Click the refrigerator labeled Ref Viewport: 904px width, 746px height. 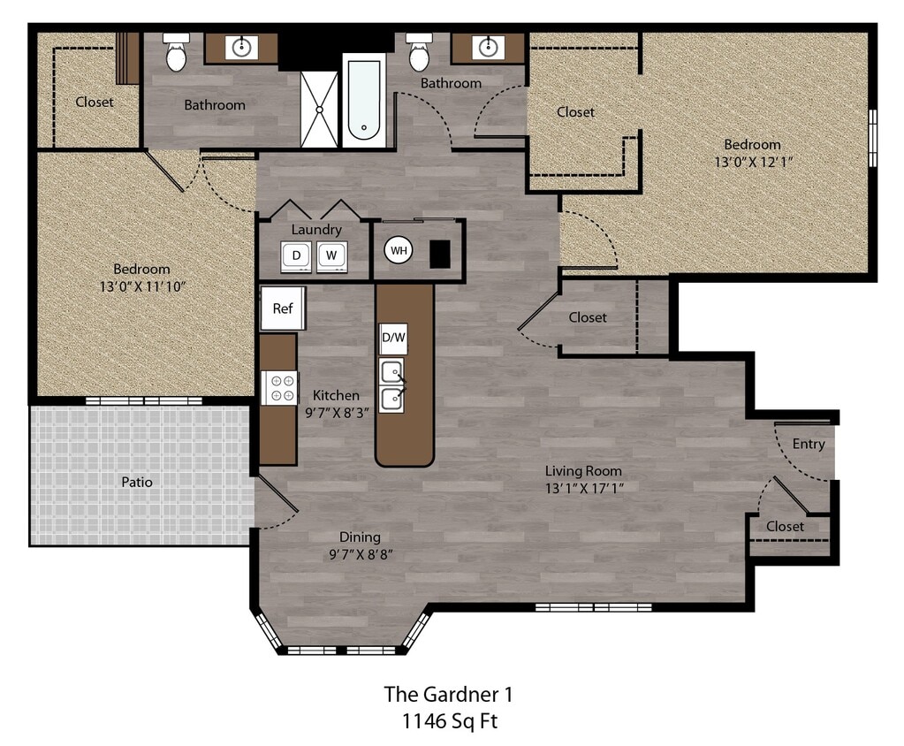pos(283,308)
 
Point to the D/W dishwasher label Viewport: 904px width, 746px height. pos(392,338)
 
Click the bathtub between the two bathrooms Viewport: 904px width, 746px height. pos(364,100)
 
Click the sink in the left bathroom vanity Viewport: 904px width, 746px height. pos(241,47)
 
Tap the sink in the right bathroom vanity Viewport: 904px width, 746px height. pos(486,46)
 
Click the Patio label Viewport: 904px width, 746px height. pos(137,483)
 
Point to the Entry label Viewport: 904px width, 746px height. pos(809,444)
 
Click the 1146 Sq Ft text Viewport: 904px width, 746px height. pos(449,720)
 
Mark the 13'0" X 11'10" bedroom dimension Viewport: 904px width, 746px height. pos(141,285)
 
